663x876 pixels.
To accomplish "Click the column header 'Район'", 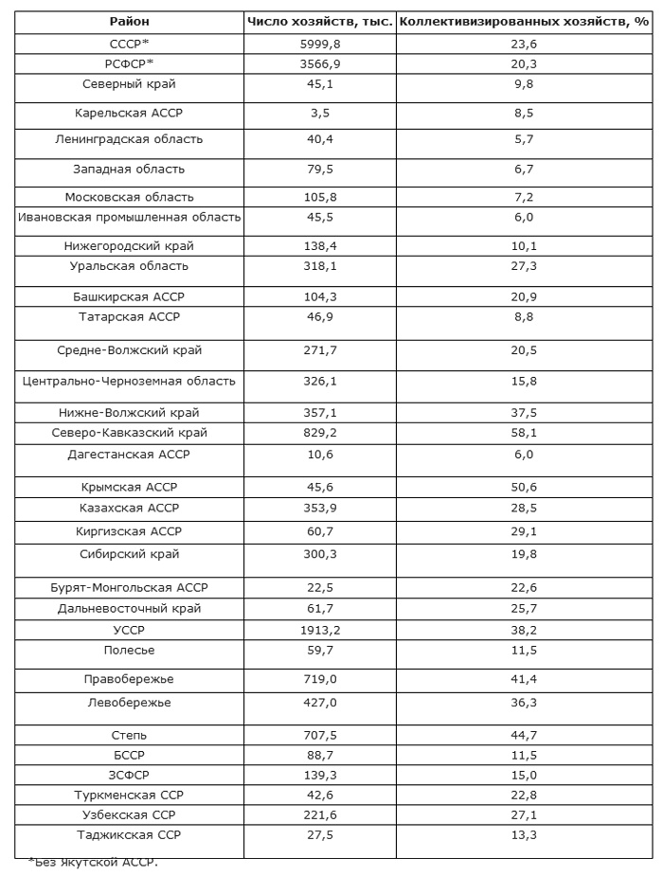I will (129, 21).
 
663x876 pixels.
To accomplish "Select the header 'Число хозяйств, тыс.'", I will (319, 21).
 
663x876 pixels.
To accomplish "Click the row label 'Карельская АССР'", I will (129, 112).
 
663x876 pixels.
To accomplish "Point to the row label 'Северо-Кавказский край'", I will (129, 433).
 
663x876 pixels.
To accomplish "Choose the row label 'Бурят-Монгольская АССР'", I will (129, 587).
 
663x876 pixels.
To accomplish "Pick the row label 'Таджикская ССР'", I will (129, 834).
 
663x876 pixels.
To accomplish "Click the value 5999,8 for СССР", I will (319, 44).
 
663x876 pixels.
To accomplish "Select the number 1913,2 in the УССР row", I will (319, 629).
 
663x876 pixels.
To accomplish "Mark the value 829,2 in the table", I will (319, 433).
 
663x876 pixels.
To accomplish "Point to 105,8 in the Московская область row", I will (319, 197).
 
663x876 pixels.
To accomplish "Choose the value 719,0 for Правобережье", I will (319, 679).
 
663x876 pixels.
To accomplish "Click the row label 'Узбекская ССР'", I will (129, 814).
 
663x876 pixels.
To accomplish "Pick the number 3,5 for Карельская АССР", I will (319, 112).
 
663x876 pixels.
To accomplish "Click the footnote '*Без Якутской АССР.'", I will (93, 862).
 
